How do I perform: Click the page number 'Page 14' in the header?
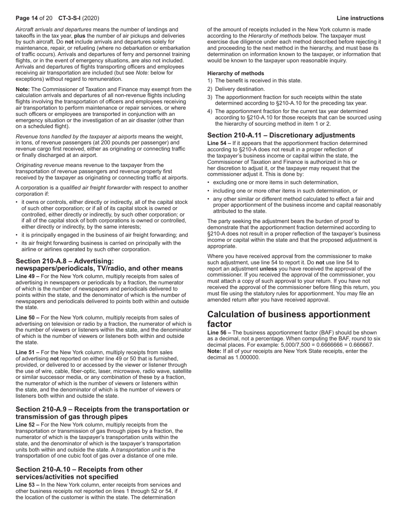[27, 18]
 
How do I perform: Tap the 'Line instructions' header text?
[360, 18]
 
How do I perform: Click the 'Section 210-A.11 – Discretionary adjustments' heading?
[281, 135]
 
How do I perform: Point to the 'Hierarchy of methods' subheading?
[236, 73]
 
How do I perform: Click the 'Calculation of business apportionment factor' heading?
[289, 319]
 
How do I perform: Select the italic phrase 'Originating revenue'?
[40, 165]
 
